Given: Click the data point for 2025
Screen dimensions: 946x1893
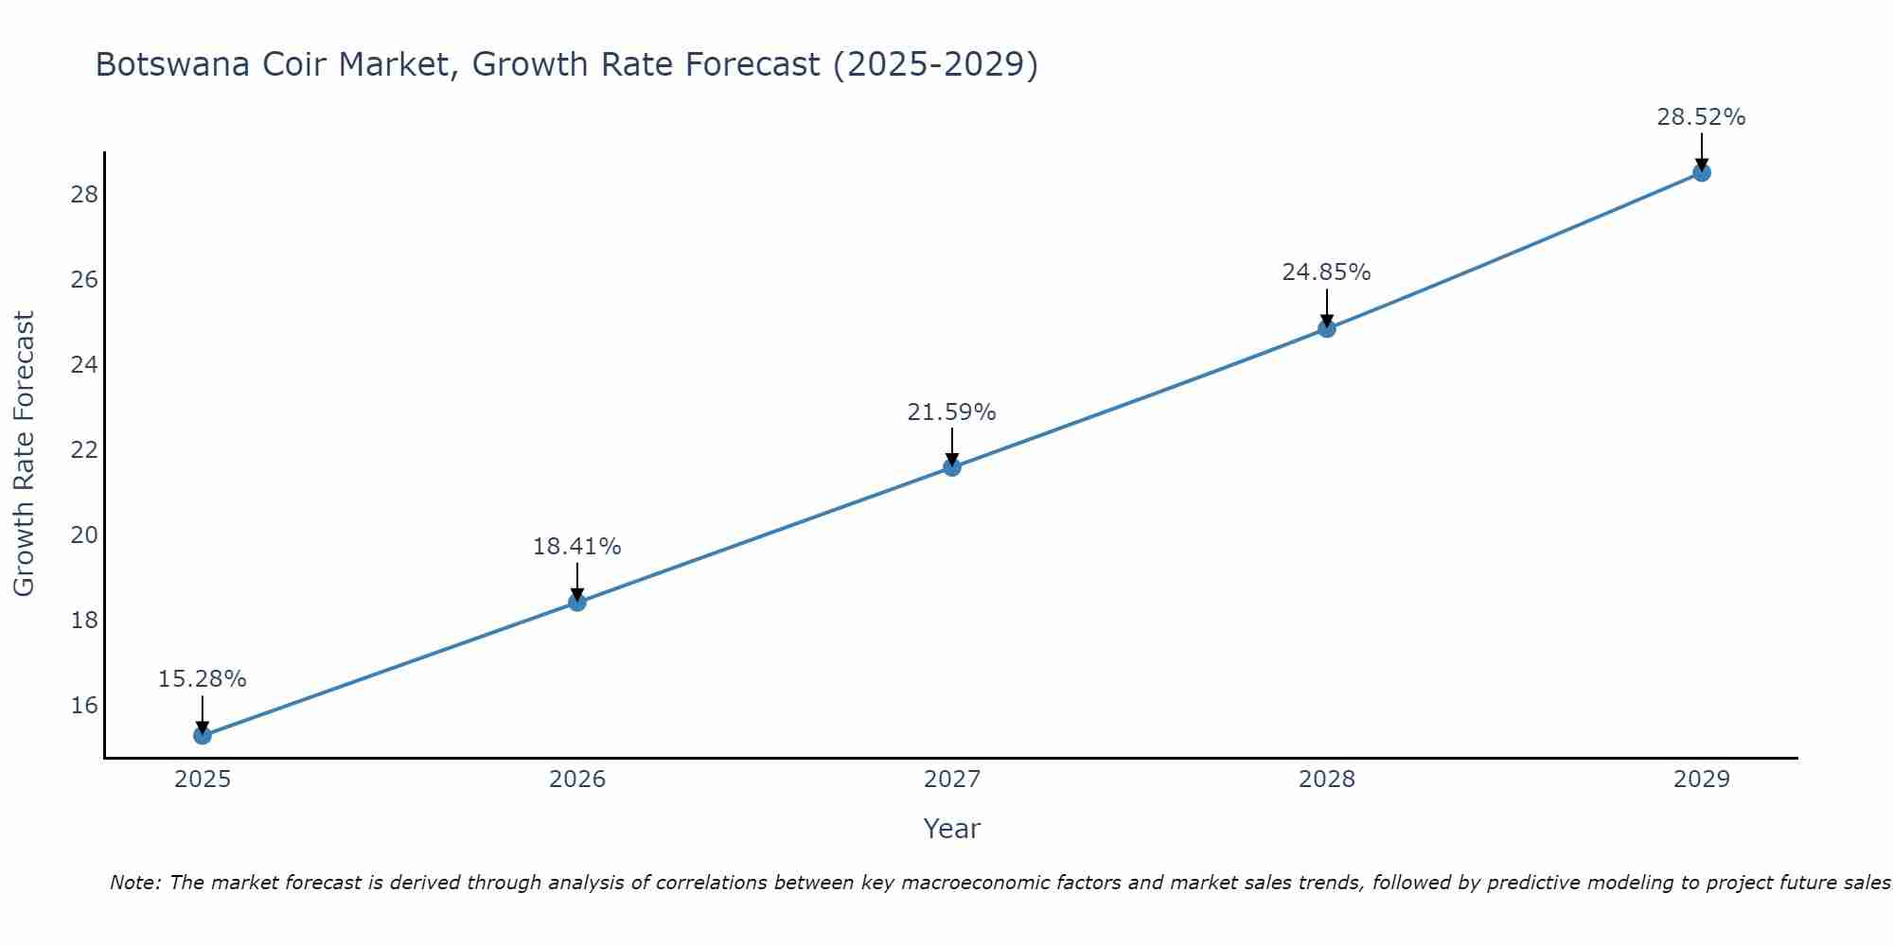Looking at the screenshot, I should click(203, 735).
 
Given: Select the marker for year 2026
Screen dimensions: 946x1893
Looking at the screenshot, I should click(577, 602).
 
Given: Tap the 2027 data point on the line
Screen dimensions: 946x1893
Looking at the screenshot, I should click(952, 466).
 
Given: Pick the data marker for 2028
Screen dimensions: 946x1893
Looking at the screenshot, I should click(1327, 328).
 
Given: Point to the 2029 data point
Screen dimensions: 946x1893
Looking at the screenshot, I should click(1702, 172).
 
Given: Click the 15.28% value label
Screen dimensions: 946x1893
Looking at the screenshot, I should click(202, 679).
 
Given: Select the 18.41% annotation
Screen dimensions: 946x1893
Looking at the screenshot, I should click(576, 547).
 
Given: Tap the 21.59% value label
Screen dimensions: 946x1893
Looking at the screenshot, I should click(951, 412).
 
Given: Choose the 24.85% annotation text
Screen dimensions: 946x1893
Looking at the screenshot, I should click(1326, 272).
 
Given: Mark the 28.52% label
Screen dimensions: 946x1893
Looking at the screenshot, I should click(1701, 117).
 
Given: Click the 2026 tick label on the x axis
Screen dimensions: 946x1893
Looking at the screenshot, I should click(577, 780).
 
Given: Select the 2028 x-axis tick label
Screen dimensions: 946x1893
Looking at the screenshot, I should click(1327, 780).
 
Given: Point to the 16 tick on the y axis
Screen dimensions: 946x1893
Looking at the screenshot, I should click(84, 706).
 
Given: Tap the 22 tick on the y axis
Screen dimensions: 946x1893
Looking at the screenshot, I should click(84, 450).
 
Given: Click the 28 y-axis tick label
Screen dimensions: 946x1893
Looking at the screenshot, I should click(84, 195).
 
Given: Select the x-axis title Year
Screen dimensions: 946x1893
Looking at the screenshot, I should click(951, 829).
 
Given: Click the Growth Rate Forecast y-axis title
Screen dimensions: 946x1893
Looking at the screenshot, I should click(24, 454).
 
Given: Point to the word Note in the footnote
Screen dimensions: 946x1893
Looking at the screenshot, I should click(136, 883).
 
